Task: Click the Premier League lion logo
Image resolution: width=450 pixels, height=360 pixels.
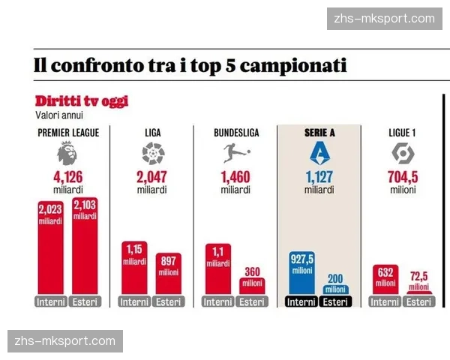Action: tap(67, 154)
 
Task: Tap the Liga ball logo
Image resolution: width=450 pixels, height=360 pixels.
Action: tap(152, 154)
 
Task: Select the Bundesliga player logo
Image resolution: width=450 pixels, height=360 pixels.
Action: tap(236, 154)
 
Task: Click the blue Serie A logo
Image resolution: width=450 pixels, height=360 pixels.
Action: tap(319, 154)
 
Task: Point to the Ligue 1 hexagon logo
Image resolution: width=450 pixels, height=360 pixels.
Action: tap(403, 154)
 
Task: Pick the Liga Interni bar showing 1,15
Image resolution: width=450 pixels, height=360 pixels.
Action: tap(134, 268)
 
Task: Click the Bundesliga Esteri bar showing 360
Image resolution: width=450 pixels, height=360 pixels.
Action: tap(253, 286)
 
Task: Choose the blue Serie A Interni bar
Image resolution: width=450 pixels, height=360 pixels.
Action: tap(302, 273)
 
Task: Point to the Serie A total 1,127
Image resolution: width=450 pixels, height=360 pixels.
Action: tap(319, 177)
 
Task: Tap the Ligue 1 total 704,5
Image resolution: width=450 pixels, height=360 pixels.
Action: tap(403, 177)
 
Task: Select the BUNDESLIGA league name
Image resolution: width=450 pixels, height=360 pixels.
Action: tap(236, 133)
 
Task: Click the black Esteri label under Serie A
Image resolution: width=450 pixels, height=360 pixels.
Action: tap(335, 302)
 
